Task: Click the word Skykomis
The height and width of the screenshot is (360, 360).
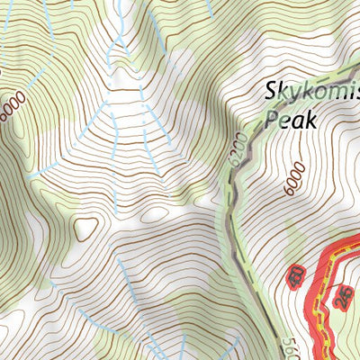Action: coord(311,93)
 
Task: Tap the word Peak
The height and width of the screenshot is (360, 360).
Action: coord(292,118)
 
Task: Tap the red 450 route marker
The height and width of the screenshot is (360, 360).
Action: coord(294,275)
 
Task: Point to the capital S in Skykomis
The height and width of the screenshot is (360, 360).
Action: coord(271,92)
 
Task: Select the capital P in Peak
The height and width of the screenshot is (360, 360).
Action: coord(272,118)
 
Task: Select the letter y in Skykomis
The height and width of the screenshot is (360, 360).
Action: coord(293,94)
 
